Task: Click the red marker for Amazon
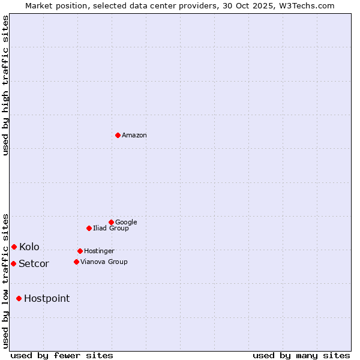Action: point(118,135)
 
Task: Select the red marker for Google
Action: point(111,222)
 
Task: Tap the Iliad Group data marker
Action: point(89,228)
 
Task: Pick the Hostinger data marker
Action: point(80,251)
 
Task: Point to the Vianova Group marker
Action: point(76,262)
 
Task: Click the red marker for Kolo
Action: point(14,247)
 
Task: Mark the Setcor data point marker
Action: point(13,263)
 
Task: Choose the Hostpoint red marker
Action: point(19,298)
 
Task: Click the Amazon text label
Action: point(134,136)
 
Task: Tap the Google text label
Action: point(126,222)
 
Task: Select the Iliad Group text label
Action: point(111,228)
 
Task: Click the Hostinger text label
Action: point(99,251)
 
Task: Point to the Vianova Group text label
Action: point(104,262)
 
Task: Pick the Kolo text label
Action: point(29,247)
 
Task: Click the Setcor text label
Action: point(34,264)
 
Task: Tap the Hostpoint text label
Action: point(47,299)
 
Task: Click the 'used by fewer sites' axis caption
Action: point(62,355)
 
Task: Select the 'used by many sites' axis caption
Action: point(301,355)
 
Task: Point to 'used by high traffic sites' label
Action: point(5,85)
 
